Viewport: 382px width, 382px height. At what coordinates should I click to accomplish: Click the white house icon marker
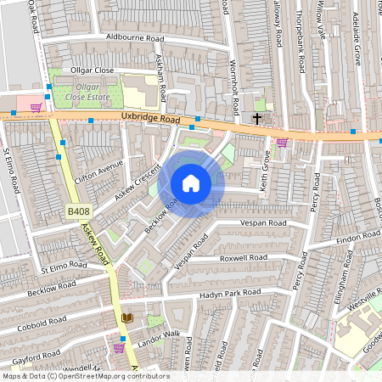tap(191, 183)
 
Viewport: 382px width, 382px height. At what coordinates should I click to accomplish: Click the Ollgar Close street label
tap(93, 70)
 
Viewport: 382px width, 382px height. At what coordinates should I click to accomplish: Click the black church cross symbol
tap(257, 118)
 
